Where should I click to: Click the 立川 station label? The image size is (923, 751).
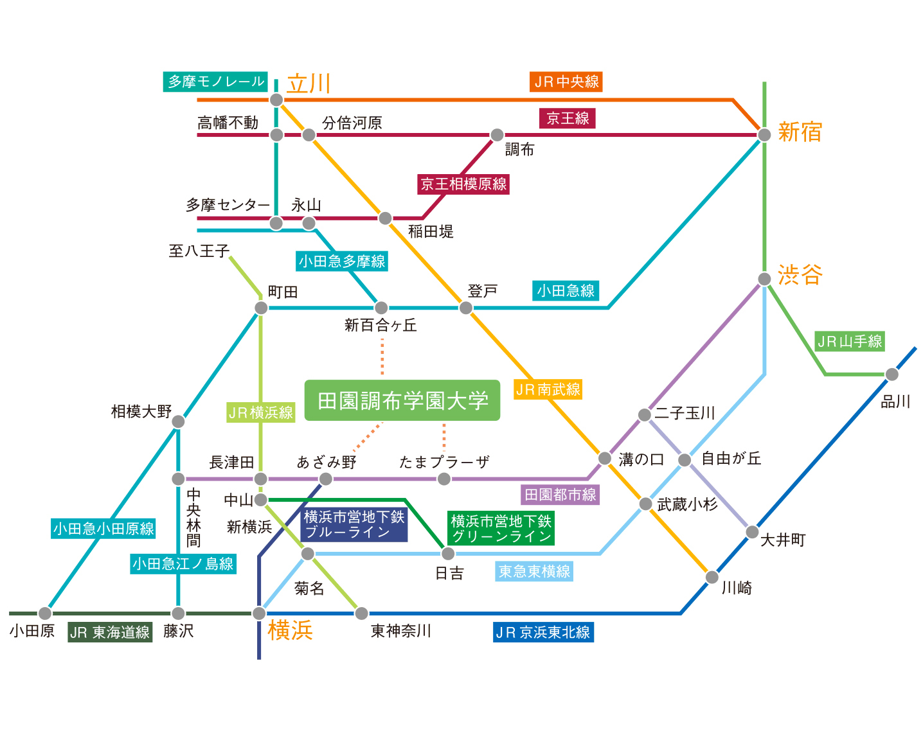coord(309,84)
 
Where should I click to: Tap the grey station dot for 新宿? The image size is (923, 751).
coord(764,134)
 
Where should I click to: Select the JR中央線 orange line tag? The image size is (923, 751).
coord(566,82)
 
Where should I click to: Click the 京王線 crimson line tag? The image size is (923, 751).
coord(568,118)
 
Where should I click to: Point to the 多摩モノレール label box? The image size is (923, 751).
coord(215,82)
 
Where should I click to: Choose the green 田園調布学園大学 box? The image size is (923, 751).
coord(402,401)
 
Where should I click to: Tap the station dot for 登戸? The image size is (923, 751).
coord(466,308)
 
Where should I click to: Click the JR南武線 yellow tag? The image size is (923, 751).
coord(548,389)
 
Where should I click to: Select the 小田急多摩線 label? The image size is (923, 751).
coord(342,261)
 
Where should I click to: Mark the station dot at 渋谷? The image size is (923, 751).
coord(764,279)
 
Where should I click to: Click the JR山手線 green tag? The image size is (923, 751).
coord(850,341)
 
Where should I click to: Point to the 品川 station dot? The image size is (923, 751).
coord(892,375)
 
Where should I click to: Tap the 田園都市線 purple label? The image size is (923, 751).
coord(560,495)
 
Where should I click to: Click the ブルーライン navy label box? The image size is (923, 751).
coord(354,524)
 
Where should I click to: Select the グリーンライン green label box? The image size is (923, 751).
coord(501,528)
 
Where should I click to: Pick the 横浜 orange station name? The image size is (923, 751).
coord(290,630)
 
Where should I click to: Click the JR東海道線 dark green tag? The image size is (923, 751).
coord(110,632)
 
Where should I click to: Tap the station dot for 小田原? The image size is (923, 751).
coord(45,613)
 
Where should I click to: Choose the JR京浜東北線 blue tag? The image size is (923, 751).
coord(543,632)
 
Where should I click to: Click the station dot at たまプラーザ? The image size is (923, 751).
coord(444,479)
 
